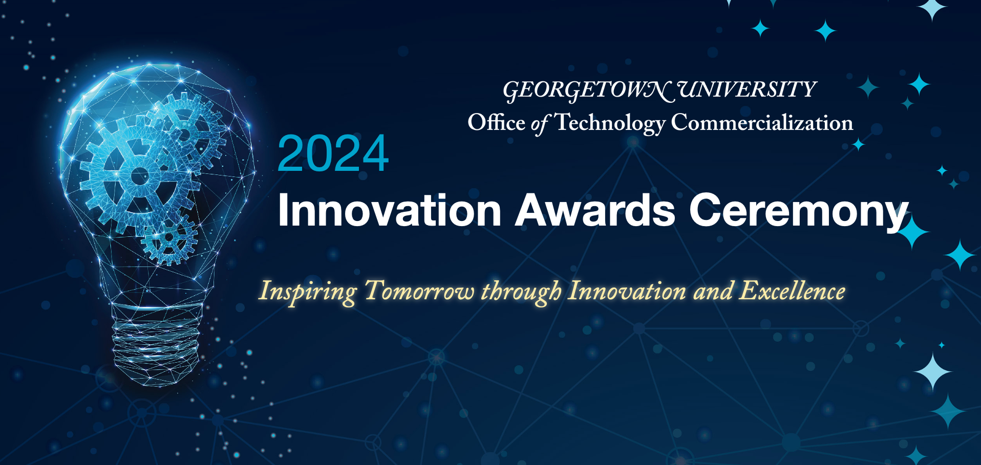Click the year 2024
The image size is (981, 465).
coord(333,153)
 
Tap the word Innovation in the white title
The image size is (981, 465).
coord(389,210)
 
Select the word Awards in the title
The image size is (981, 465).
coord(595,210)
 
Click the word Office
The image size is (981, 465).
coord(496,123)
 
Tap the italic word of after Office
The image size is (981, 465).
coord(539,124)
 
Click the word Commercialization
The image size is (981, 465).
coord(762,123)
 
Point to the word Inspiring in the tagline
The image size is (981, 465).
coord(307,292)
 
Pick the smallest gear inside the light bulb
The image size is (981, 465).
coord(168,238)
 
